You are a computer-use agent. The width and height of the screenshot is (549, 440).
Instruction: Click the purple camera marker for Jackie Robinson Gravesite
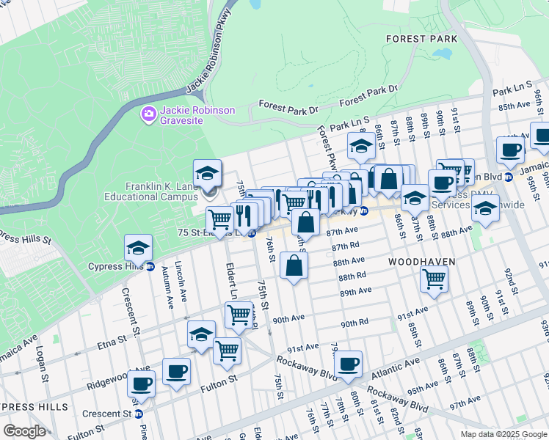148,114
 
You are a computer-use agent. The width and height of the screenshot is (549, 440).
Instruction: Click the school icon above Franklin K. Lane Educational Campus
207,176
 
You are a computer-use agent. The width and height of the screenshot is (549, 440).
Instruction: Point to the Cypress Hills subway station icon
150,266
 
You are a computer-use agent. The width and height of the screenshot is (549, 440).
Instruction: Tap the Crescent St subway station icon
138,414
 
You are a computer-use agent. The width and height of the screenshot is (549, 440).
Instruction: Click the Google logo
24,431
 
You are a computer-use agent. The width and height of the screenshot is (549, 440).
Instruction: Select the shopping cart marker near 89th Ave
434,279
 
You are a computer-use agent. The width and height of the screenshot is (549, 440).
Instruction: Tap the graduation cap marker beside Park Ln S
360,147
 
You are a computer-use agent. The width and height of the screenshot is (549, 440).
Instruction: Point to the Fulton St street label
222,379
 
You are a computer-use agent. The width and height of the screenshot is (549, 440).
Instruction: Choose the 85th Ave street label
514,106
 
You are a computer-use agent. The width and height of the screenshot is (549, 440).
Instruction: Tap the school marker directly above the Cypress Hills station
137,249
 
